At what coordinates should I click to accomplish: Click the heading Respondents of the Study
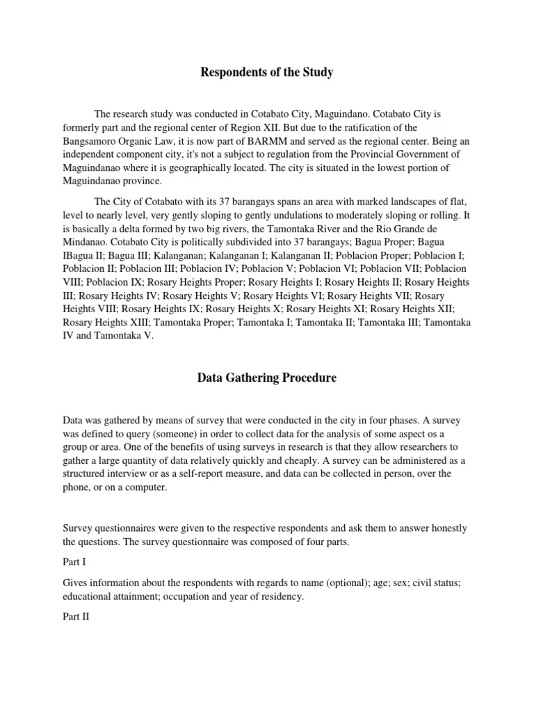(266, 72)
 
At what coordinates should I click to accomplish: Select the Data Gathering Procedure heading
(267, 378)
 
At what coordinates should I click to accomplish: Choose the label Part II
(76, 616)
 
